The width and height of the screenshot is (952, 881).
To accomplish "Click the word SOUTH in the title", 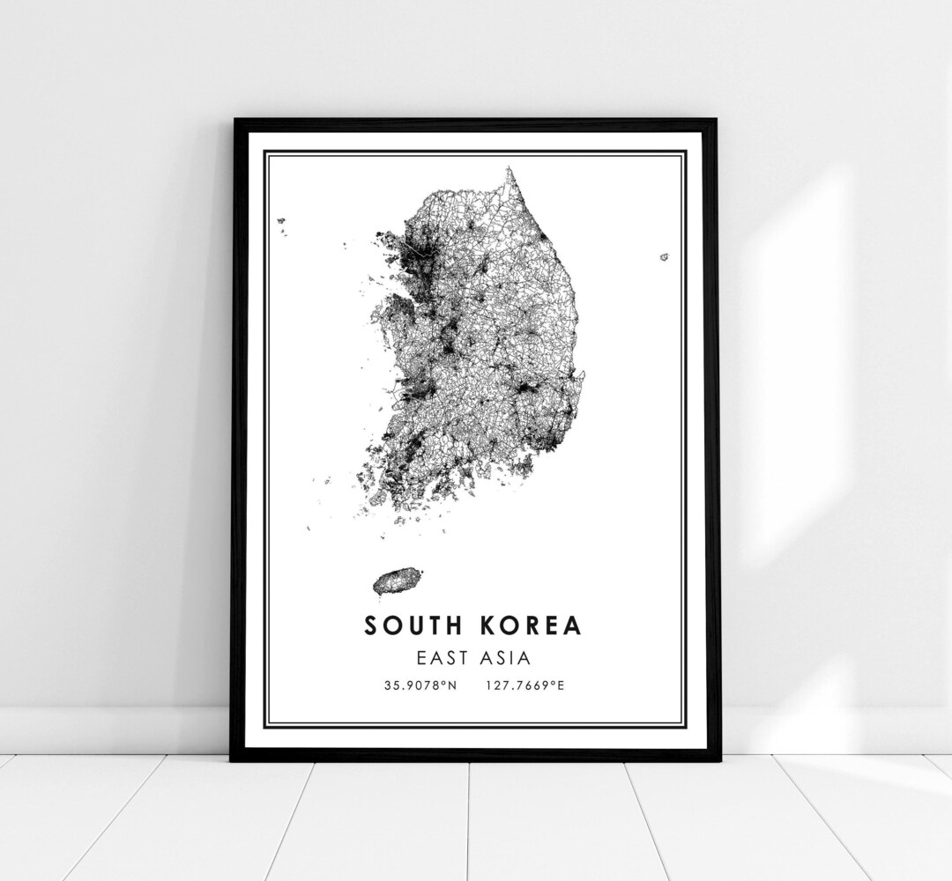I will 412,626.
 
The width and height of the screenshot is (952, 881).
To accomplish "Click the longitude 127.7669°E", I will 524,685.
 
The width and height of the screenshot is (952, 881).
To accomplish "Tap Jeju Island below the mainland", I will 394,580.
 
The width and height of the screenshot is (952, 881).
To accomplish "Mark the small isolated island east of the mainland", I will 664,257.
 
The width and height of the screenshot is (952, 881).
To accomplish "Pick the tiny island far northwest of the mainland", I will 281,220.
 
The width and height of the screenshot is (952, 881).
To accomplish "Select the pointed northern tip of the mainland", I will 509,169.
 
